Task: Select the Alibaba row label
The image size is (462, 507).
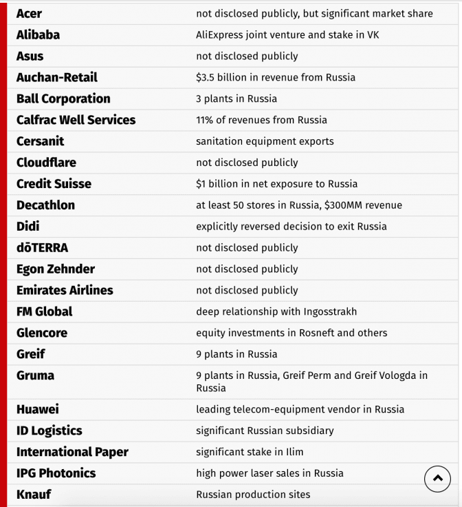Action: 38,34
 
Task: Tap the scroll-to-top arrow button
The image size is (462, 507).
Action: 438,479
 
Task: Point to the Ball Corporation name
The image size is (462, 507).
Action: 63,99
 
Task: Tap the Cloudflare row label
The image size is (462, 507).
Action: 46,163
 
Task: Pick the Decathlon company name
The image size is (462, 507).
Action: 45,205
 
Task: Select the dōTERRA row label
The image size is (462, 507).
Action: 42,247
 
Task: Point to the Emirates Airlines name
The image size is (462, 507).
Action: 65,290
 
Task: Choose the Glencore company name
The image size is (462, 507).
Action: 42,333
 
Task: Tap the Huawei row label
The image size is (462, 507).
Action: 38,409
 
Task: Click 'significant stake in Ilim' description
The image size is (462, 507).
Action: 250,452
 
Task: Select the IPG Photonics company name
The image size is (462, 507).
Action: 56,473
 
